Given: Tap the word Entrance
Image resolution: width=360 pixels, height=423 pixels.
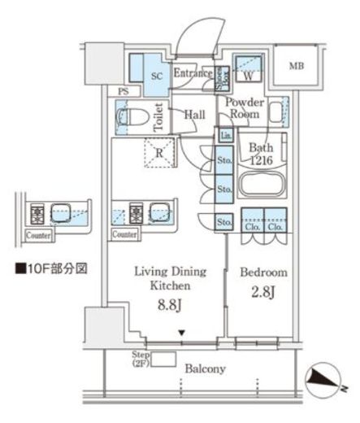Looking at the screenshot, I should tap(192, 73).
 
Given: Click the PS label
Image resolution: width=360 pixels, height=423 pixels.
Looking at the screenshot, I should tap(123, 92).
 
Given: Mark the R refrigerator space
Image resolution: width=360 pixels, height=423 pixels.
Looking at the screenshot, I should tap(160, 152).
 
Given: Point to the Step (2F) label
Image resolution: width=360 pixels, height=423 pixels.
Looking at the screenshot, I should tap(141, 360).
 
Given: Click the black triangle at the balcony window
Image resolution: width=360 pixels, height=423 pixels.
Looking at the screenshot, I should tap(183, 332).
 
